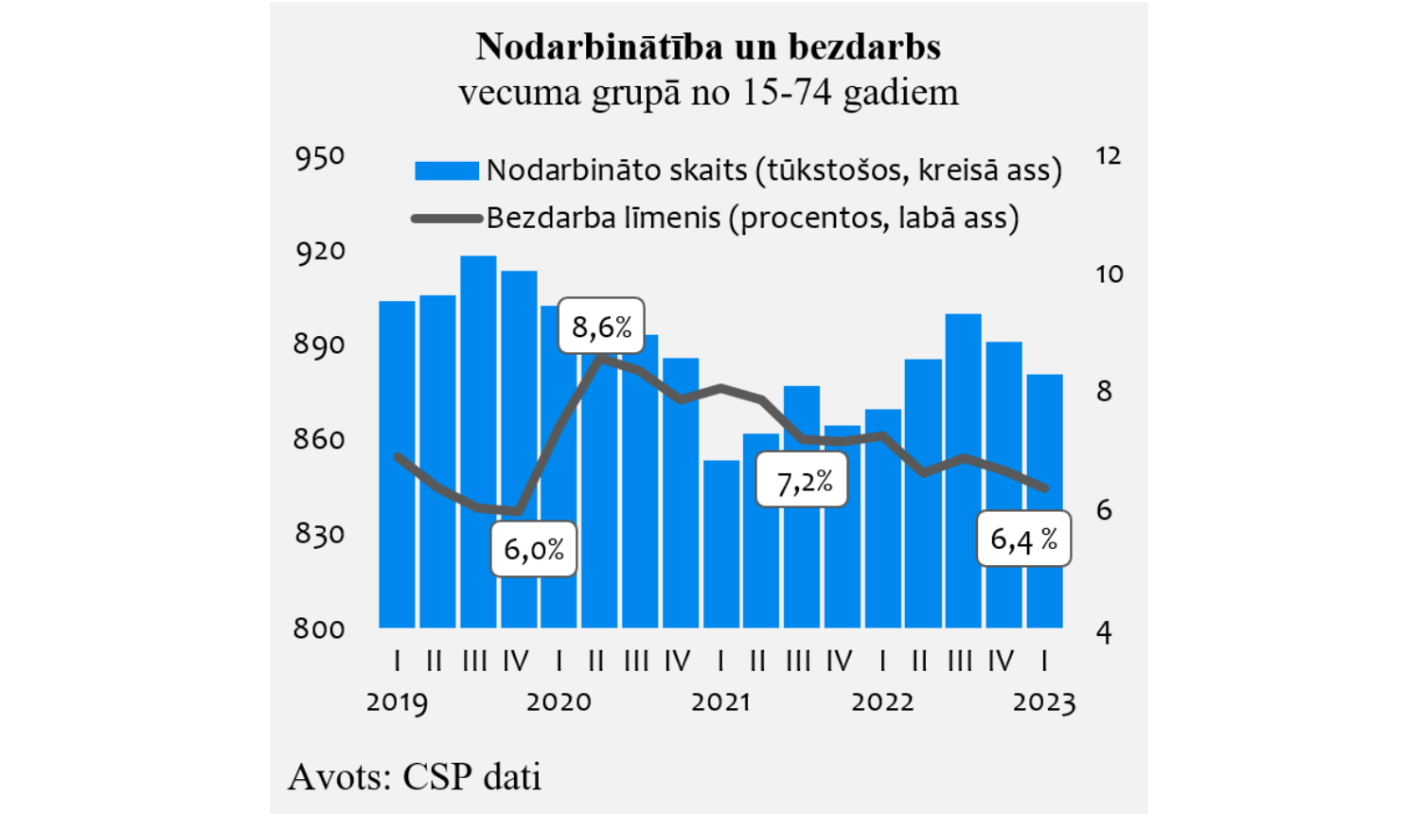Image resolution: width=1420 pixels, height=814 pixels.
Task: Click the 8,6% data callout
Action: pos(601,327)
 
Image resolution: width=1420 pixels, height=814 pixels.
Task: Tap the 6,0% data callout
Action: pos(534,549)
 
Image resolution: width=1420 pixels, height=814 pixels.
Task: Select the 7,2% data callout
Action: pos(802,481)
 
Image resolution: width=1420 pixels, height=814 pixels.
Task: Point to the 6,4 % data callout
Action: pos(1023,540)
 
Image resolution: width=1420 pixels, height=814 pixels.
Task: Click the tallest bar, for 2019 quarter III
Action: pos(478,445)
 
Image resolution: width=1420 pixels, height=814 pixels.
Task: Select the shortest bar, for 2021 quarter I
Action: pos(721,544)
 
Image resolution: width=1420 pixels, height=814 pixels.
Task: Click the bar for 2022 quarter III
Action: pos(963,473)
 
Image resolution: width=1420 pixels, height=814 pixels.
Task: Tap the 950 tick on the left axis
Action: pos(320,157)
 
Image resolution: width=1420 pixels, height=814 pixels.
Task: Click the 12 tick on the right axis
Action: pos(1108,156)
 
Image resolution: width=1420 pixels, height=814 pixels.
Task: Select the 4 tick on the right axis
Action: pos(1104,632)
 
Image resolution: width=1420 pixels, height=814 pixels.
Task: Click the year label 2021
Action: pos(720,702)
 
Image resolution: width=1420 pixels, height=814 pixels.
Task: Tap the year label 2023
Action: pos(1044,702)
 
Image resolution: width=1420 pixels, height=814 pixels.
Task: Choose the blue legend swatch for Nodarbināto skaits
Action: pos(447,170)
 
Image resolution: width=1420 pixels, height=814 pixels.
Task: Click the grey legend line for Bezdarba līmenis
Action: pos(447,219)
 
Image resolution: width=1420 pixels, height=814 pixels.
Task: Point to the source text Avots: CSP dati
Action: pos(415,776)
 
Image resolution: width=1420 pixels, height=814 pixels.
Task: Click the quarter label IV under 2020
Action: pos(678,661)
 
